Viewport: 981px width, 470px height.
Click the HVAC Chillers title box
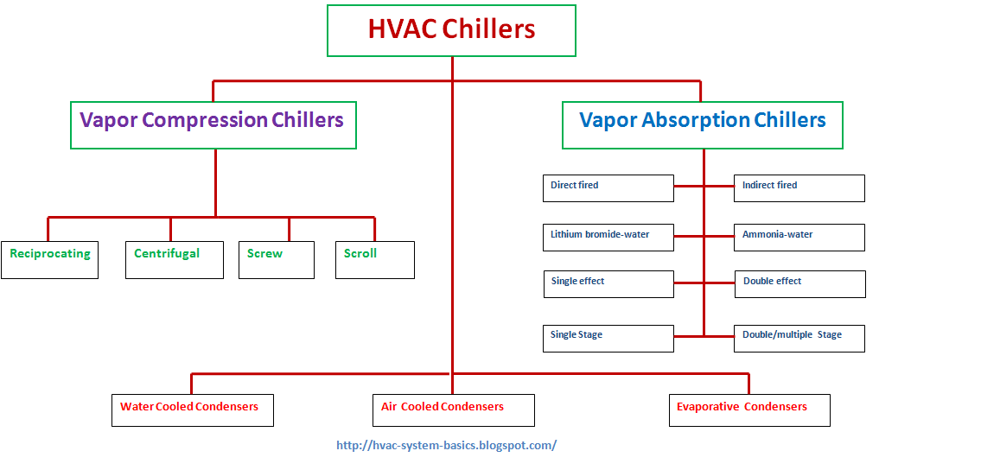coord(451,30)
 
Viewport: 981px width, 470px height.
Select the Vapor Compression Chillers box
coord(213,124)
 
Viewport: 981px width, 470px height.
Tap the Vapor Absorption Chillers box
coord(702,124)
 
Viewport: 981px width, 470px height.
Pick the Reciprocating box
coord(49,259)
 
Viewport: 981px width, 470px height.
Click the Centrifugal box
coord(169,259)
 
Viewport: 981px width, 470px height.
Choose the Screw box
coord(276,259)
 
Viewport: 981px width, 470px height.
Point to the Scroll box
coord(374,259)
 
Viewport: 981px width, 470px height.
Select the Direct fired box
coord(608,188)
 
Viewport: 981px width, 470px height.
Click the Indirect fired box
coord(799,188)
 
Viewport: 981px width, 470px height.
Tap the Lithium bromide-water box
coord(608,238)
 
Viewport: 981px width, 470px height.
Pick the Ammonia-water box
coord(799,238)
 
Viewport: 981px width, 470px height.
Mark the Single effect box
coord(608,284)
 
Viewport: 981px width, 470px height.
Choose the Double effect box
coord(799,284)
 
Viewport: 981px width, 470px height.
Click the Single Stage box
coord(608,338)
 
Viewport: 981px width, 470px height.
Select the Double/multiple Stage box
coord(799,338)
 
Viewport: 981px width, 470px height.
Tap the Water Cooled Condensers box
coord(192,410)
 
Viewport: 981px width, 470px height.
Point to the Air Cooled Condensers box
coord(452,410)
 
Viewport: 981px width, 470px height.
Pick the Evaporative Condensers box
coord(748,410)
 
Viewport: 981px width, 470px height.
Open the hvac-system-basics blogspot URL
coord(446,446)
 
